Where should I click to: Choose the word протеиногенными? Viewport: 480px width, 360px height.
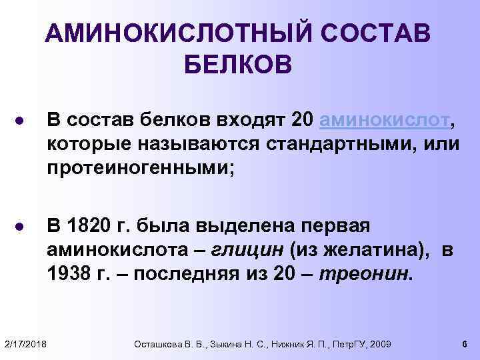pyautogui.click(x=139, y=167)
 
